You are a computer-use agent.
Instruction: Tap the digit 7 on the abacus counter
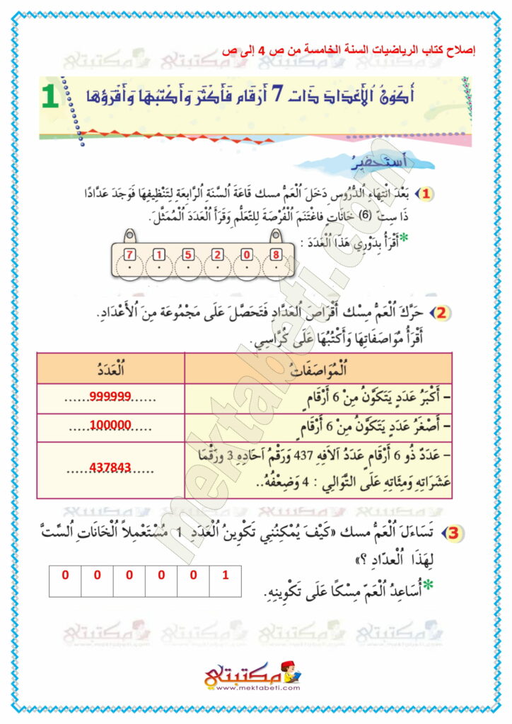tap(129, 255)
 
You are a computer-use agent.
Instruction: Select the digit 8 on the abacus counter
tap(276, 255)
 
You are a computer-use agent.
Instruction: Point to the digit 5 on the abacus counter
tap(188, 255)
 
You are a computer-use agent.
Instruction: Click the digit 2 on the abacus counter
tap(217, 255)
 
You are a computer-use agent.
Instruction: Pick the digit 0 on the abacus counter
tap(246, 255)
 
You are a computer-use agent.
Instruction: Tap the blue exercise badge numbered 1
tap(428, 192)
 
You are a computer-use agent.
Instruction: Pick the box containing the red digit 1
tap(225, 575)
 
